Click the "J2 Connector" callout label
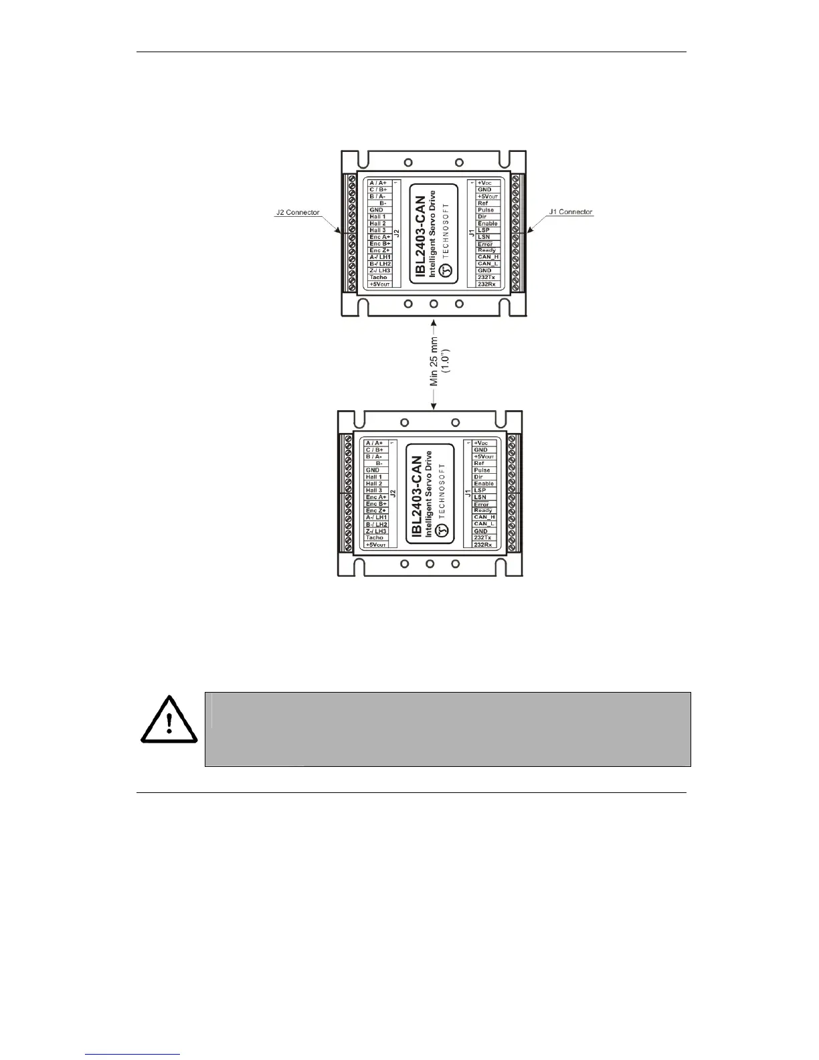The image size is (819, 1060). coord(298,213)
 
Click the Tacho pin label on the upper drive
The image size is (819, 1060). coord(378,277)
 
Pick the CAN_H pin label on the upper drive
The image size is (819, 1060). coord(488,257)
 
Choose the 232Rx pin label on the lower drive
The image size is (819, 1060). coord(482,545)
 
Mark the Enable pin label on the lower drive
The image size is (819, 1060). coord(484,484)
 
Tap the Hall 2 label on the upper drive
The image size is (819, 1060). coord(377,224)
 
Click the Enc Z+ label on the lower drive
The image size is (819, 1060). coord(375,511)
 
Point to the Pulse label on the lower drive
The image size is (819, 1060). coord(482,470)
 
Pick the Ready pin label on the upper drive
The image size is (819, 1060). coord(486,250)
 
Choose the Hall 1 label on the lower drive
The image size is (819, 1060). coord(373,477)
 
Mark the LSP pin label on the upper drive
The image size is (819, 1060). coord(484,230)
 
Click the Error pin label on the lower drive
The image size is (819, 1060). coord(482,504)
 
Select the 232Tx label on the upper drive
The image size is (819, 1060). coord(486,277)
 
